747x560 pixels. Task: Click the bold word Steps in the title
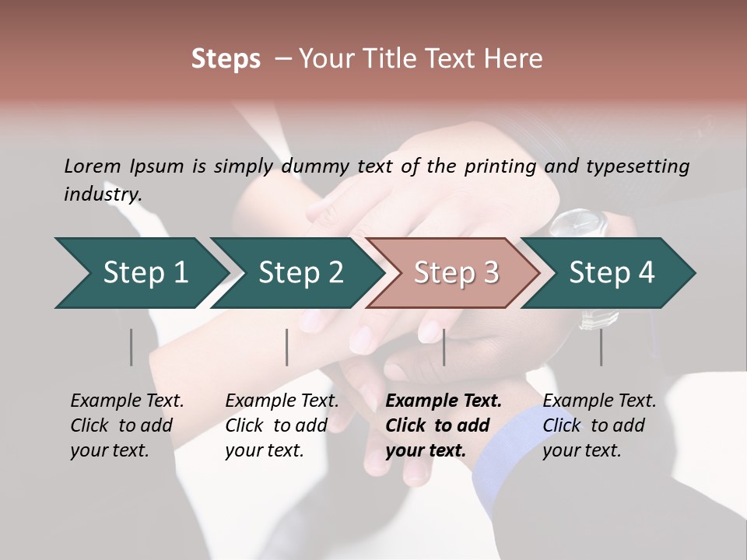coord(226,59)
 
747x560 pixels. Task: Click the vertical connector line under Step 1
coord(132,347)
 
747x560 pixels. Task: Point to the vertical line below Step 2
coord(287,347)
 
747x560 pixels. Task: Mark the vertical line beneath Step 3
coord(444,347)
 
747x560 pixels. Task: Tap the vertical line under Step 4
coord(601,347)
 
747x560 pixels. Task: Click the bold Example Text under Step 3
coord(444,425)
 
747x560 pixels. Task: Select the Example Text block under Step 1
coord(127,425)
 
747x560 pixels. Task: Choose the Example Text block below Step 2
coord(282,425)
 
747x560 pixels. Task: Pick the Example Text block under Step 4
coord(599,425)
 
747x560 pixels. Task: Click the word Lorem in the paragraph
coord(93,166)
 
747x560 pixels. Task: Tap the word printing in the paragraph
coord(500,166)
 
